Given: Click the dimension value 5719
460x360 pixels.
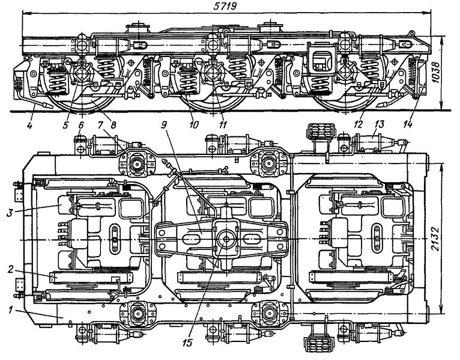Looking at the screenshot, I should click(225, 7).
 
